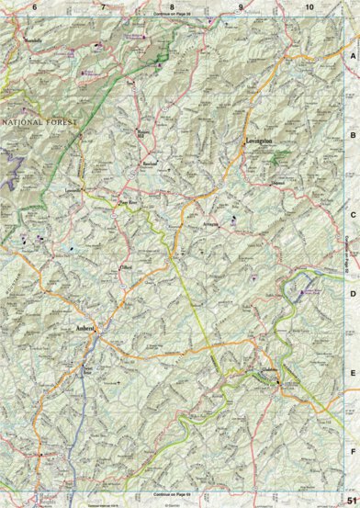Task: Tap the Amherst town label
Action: (87, 326)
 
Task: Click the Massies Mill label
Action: (142, 133)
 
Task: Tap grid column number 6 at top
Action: (34, 7)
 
